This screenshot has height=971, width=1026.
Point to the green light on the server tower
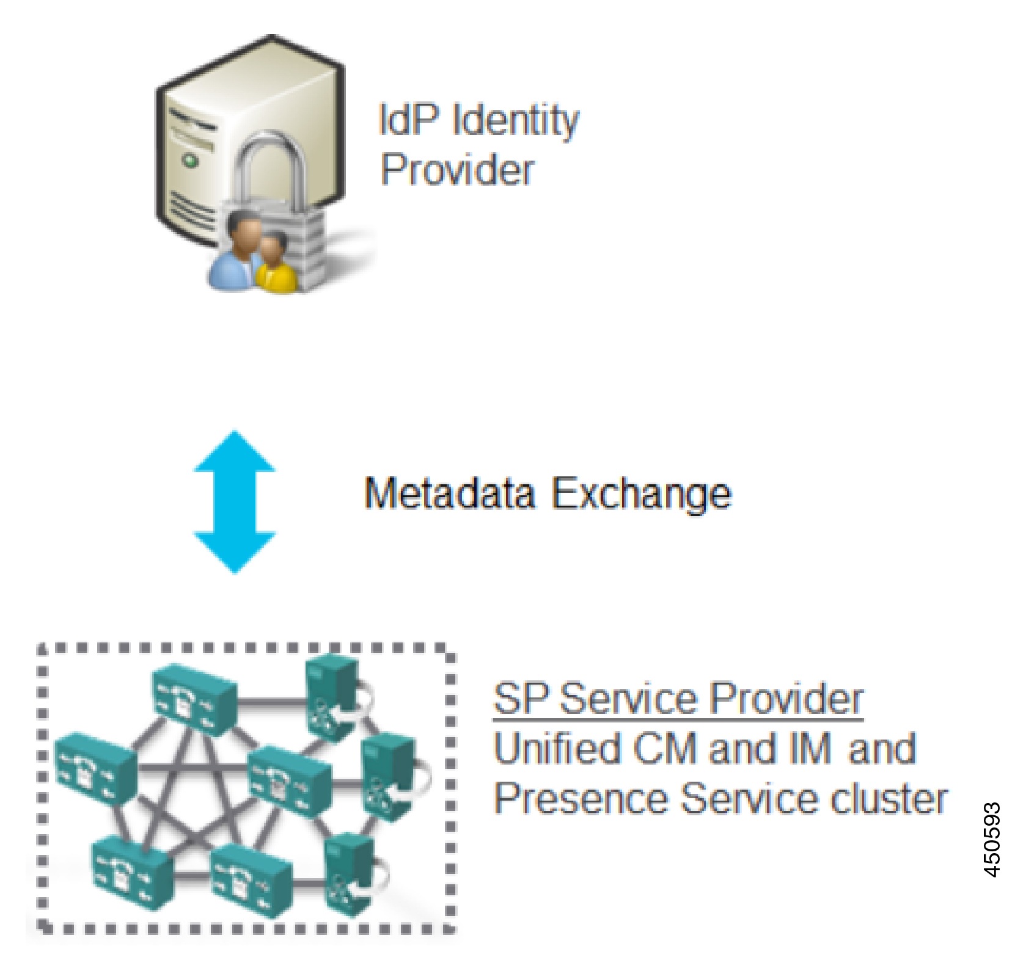pyautogui.click(x=191, y=161)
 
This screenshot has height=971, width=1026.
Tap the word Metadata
pyautogui.click(x=449, y=493)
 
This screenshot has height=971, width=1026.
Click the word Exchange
pyautogui.click(x=641, y=493)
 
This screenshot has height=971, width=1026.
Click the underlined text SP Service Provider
pyautogui.click(x=678, y=699)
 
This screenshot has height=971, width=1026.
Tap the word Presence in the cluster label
pyautogui.click(x=580, y=799)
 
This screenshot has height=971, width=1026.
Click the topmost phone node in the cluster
pyautogui.click(x=194, y=697)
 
